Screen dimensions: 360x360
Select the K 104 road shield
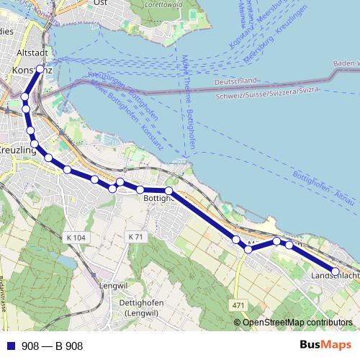tap(74, 237)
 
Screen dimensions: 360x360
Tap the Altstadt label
tap(31, 54)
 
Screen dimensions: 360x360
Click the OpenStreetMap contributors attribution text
tap(298, 323)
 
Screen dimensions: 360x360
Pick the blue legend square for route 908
tap(9, 346)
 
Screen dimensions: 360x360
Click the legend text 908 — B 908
tap(52, 346)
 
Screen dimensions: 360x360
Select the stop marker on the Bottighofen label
tap(168, 191)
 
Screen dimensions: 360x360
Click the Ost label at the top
tap(101, 4)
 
